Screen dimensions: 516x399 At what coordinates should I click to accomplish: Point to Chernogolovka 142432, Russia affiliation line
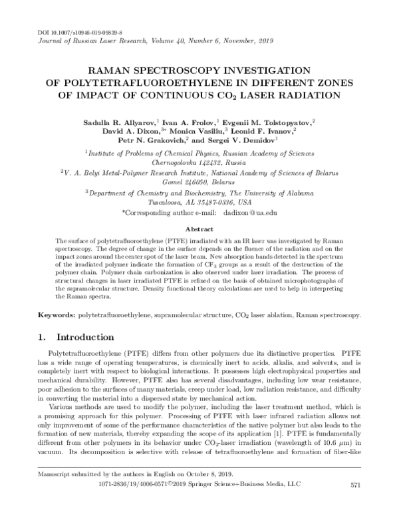[x=199, y=161]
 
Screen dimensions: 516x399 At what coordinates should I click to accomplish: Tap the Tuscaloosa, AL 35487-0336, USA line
[x=199, y=201]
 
